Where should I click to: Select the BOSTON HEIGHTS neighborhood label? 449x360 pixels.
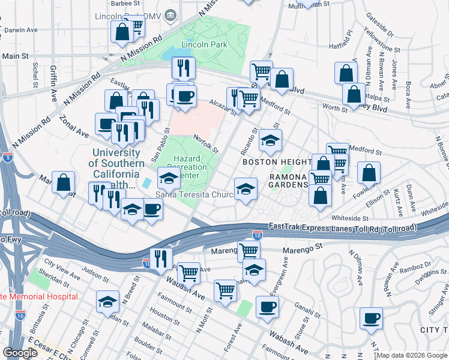coord(268,162)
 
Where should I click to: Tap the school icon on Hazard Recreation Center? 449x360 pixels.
coord(169,178)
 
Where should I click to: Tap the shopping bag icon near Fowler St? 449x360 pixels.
coord(369,173)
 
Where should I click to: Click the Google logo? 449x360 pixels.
coord(20,352)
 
